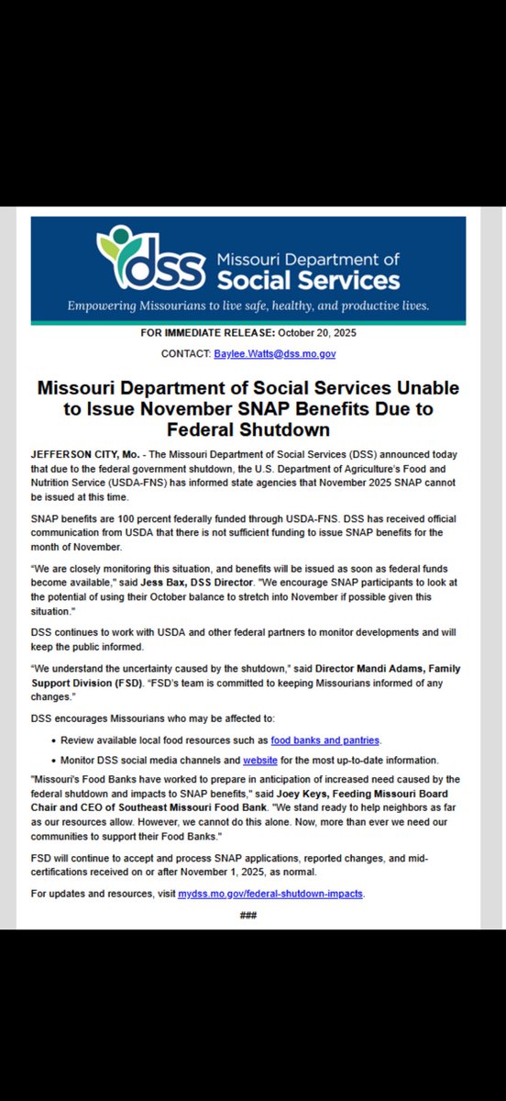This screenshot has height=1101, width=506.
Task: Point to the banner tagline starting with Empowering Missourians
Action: click(248, 305)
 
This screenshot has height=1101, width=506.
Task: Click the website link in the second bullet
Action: click(260, 761)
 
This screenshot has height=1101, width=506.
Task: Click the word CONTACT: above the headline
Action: click(186, 353)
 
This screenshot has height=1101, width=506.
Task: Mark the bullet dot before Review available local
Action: click(56, 740)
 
